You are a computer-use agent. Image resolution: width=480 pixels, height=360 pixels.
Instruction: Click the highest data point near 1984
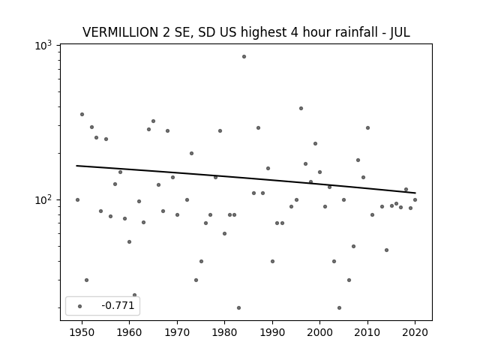[244, 57]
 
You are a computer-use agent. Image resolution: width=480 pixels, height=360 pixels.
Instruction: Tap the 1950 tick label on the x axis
[82, 332]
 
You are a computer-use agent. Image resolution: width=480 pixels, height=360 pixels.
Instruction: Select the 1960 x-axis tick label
[129, 332]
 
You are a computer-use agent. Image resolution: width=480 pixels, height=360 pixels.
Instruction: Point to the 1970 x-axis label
[177, 332]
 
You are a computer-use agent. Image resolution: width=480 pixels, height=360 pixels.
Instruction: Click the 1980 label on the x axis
[224, 332]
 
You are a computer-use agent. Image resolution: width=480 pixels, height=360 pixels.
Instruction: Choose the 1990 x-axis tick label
[272, 332]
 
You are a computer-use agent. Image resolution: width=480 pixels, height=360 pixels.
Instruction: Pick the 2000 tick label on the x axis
[319, 332]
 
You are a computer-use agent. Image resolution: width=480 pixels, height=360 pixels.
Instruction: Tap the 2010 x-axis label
[367, 332]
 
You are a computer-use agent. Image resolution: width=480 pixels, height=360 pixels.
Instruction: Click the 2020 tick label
[415, 332]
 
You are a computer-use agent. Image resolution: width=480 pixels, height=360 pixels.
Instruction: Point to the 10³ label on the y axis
[43, 46]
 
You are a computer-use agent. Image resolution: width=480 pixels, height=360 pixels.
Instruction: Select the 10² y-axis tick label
[43, 200]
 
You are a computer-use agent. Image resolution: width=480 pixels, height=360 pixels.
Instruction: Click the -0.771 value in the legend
[118, 305]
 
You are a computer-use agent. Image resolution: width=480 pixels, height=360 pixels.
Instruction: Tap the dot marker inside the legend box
[80, 306]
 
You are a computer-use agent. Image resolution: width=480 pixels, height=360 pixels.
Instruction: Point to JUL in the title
[400, 32]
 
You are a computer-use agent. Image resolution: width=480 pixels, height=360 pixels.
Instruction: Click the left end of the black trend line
[76, 166]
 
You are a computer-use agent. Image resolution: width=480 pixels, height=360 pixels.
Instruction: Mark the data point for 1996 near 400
[301, 108]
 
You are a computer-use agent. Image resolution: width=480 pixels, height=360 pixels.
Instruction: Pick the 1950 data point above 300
[82, 115]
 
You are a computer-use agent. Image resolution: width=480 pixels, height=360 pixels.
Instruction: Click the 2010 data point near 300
[367, 128]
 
